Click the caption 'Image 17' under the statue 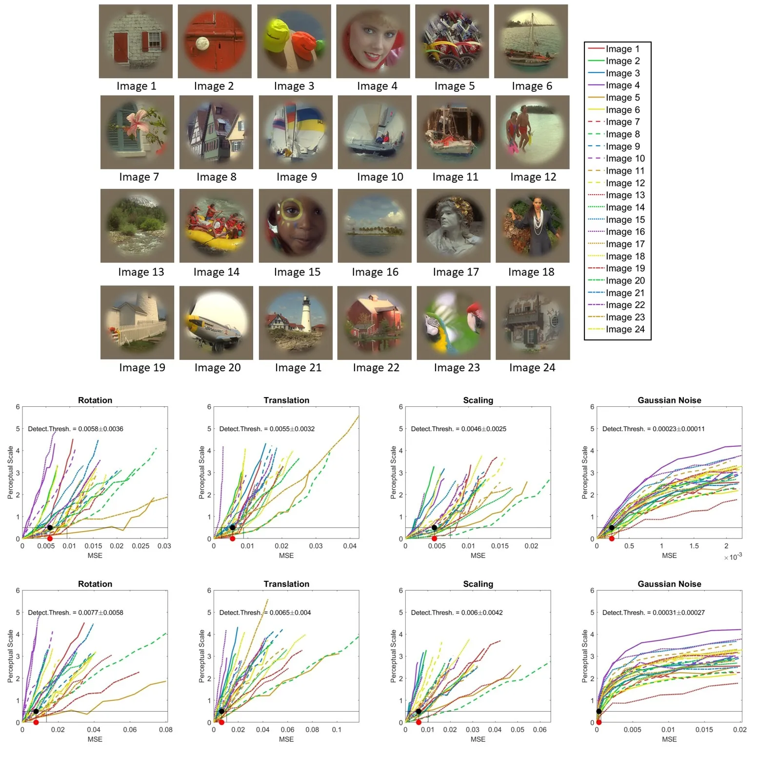click(x=456, y=272)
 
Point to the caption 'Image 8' click(x=216, y=177)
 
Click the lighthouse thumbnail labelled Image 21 click(x=296, y=322)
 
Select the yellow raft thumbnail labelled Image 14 click(x=216, y=226)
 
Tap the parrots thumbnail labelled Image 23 click(x=454, y=322)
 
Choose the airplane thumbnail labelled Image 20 click(x=216, y=322)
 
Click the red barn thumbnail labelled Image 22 click(x=374, y=322)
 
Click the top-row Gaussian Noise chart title click(x=669, y=400)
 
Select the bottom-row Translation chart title click(x=286, y=584)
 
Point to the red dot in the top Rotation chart click(x=50, y=538)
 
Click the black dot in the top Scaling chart click(x=434, y=528)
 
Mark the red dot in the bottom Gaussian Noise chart click(x=599, y=722)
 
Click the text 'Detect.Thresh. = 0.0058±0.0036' click(x=76, y=429)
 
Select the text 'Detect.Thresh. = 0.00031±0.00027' click(x=654, y=613)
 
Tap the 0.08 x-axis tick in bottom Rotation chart click(x=166, y=730)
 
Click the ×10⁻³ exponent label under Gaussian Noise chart click(x=733, y=557)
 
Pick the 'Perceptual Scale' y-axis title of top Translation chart click(x=202, y=472)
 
